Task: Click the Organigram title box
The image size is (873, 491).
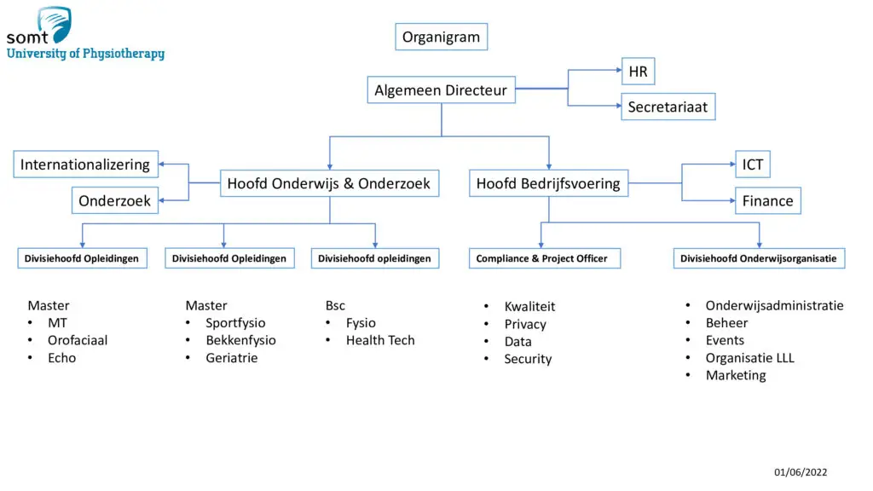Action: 441,37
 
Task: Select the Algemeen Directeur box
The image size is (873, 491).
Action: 441,90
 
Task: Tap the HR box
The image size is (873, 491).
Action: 638,72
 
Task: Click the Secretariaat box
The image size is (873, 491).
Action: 668,107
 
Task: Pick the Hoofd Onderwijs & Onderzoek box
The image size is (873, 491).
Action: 329,183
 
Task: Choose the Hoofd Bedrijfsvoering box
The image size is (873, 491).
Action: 548,183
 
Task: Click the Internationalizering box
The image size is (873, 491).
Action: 85,165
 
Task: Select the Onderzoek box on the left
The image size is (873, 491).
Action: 114,200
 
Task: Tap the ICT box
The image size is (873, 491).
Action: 752,165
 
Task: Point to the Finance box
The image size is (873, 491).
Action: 767,200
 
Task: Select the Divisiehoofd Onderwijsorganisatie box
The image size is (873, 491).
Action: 758,258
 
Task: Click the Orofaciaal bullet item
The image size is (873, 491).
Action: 78,340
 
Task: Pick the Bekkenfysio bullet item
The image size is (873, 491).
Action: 240,340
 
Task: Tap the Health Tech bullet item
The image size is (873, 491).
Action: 380,340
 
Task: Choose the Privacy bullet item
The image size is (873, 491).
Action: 525,324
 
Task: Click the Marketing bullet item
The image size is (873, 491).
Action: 736,375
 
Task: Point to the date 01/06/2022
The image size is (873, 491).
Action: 801,472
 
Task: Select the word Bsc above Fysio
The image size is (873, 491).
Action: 335,305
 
